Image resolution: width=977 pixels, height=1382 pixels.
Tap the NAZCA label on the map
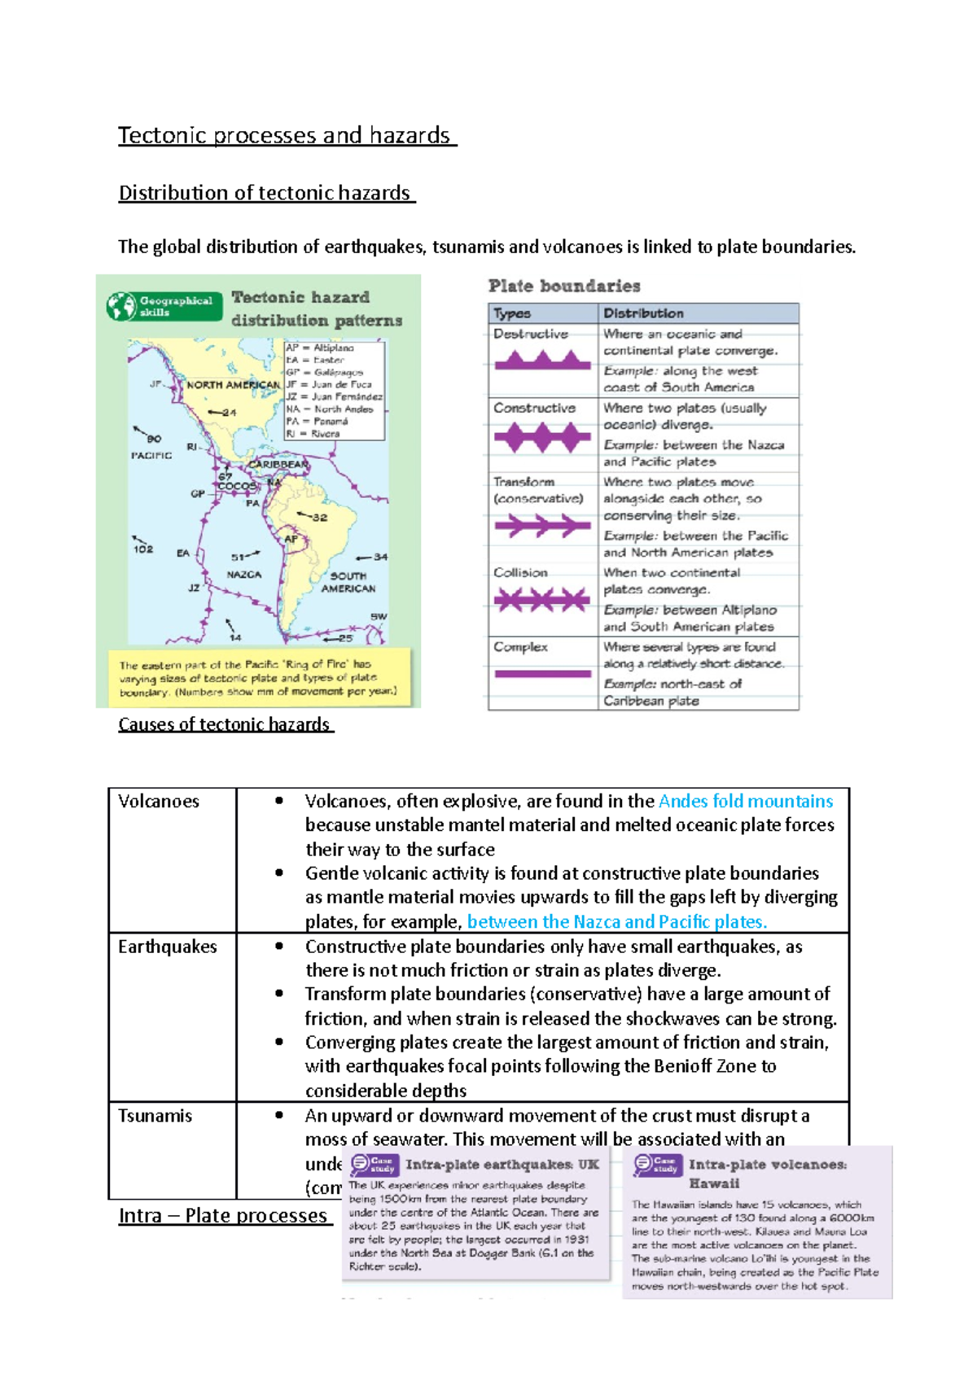[x=243, y=575]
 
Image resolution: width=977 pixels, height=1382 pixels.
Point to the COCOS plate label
[x=237, y=486]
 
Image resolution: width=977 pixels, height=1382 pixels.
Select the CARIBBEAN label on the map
[x=278, y=465]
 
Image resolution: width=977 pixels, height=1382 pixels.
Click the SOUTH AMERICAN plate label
[x=348, y=582]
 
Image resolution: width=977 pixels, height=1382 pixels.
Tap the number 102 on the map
[x=143, y=549]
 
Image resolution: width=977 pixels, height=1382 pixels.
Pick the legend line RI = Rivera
[x=313, y=434]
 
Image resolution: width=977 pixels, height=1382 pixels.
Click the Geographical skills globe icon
[x=121, y=306]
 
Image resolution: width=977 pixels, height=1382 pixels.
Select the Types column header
[x=512, y=313]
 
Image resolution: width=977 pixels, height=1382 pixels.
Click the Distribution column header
[x=643, y=313]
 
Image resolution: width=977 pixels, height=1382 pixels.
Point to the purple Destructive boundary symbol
[x=542, y=361]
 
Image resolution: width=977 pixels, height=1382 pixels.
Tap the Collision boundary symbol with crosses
[x=542, y=601]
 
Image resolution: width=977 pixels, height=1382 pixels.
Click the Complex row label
[x=520, y=647]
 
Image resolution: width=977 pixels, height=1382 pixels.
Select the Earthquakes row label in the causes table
[x=167, y=947]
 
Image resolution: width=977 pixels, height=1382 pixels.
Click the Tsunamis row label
[x=155, y=1116]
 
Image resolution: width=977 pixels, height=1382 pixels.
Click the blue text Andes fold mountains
[x=745, y=801]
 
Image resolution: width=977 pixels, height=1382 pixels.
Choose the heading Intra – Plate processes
[x=222, y=1215]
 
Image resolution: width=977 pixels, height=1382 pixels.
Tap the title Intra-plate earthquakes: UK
[x=502, y=1165]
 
